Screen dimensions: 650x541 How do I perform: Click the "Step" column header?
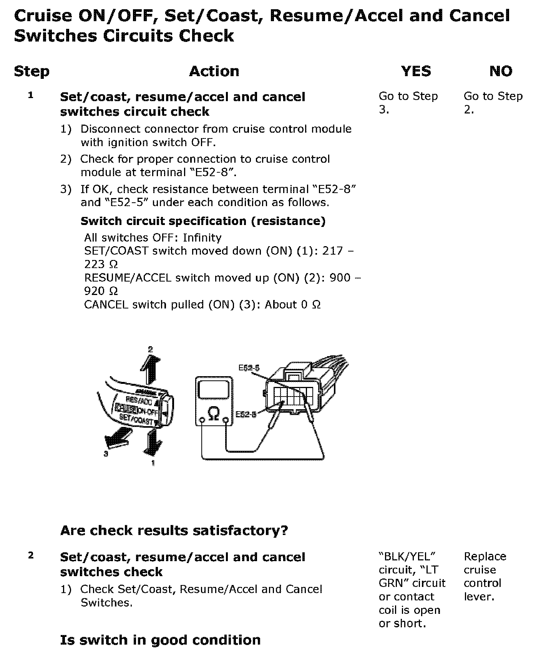pos(32,72)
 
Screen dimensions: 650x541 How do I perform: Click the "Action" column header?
pos(214,72)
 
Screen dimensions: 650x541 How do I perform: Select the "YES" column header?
pos(416,72)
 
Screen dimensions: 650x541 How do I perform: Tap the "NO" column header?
pos(501,72)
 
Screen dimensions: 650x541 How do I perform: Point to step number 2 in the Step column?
pos(31,555)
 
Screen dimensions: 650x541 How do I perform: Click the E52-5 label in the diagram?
pos(249,368)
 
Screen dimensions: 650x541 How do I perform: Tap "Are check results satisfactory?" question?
pos(174,531)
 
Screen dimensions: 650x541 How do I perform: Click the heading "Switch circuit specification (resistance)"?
pos(203,221)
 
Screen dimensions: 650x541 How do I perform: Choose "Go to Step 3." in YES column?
pos(408,103)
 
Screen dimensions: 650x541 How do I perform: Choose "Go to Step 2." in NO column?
pos(493,103)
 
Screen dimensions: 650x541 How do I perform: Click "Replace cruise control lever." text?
pos(485,576)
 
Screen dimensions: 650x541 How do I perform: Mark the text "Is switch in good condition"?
pos(160,640)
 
